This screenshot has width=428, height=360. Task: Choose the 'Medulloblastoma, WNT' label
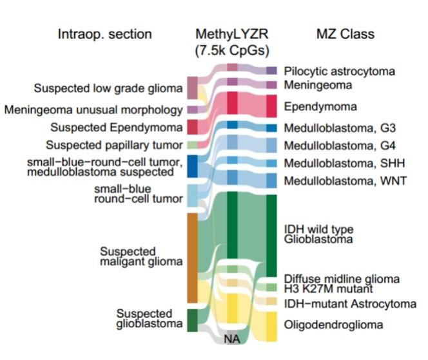(345, 181)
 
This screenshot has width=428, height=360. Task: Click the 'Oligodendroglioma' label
(329, 325)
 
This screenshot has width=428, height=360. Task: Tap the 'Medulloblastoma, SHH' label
(344, 163)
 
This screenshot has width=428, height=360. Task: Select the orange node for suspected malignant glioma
(192, 258)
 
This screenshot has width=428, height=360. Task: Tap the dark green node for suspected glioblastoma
(192, 320)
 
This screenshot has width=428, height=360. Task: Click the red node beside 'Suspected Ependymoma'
(192, 126)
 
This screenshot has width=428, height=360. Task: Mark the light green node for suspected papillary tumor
(192, 144)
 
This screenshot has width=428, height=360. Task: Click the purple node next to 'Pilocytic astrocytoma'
(271, 70)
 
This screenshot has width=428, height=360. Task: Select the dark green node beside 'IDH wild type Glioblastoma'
(271, 232)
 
